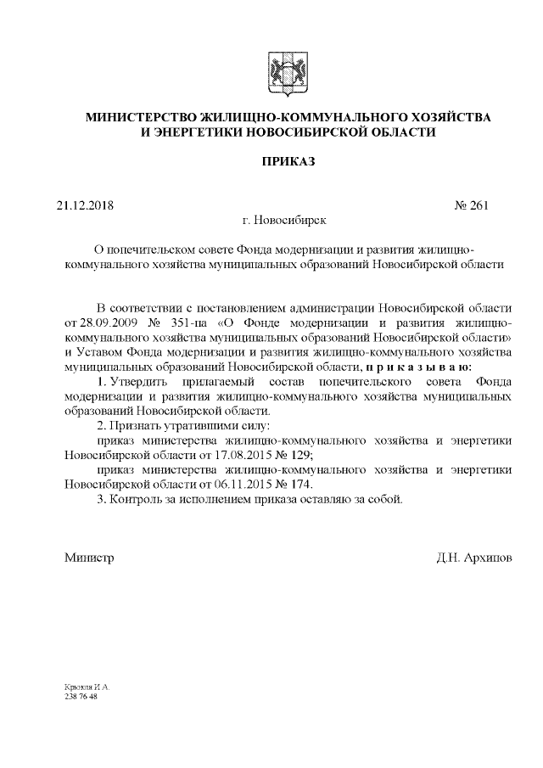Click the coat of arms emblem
click(288, 71)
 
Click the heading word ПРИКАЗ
click(288, 161)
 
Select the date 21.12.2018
click(85, 205)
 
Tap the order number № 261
click(472, 205)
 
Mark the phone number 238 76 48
click(81, 696)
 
